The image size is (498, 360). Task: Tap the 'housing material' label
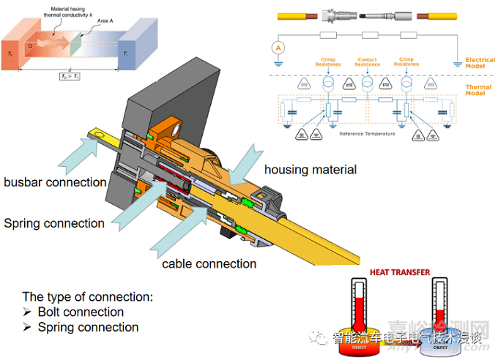[310, 170]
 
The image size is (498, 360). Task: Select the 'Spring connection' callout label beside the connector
[53, 223]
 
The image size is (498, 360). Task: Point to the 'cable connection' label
[209, 263]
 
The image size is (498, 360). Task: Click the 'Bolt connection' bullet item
[81, 312]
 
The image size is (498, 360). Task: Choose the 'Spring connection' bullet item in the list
[88, 327]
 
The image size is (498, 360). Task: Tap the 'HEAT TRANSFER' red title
[401, 272]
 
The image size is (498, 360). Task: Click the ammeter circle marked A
[278, 48]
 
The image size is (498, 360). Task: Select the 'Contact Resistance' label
[367, 62]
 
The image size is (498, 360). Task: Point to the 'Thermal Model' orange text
[479, 91]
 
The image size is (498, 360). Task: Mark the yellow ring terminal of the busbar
[95, 134]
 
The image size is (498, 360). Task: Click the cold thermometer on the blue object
[442, 311]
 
